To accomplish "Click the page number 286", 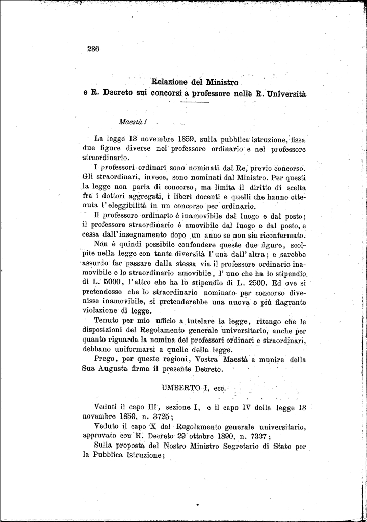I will click(x=93, y=49).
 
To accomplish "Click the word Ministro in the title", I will click(x=223, y=82).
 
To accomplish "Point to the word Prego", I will click(x=106, y=359).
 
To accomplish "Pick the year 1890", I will click(x=223, y=436).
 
